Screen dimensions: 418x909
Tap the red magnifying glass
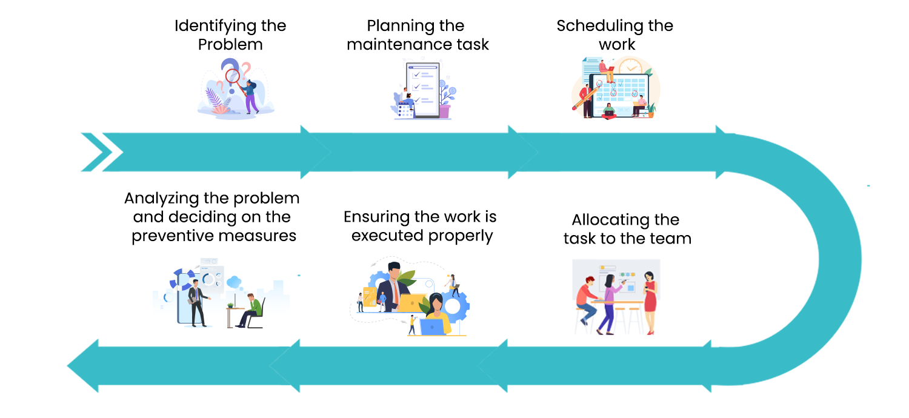point(233,76)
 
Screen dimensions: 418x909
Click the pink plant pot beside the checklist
point(445,111)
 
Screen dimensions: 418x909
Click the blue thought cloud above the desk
point(234,281)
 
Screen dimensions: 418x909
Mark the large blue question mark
point(230,67)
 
